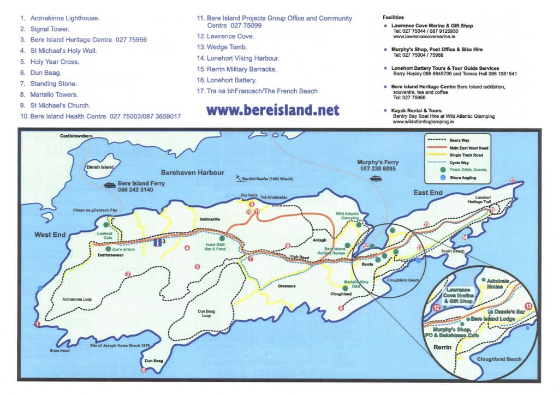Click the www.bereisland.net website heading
tap(273, 110)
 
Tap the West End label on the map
tap(50, 235)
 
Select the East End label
tap(428, 193)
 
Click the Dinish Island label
tap(100, 167)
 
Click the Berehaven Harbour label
tap(192, 172)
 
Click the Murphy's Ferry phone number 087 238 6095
tap(378, 169)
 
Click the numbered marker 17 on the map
tap(512, 181)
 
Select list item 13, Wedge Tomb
tap(225, 47)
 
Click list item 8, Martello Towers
tap(49, 94)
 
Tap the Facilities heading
tap(394, 17)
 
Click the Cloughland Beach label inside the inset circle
tap(499, 359)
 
